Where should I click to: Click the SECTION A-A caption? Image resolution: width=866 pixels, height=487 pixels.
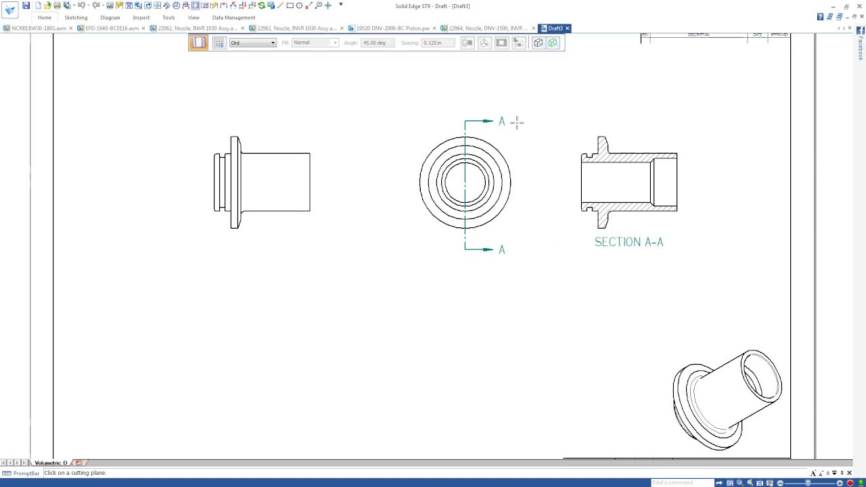click(x=629, y=242)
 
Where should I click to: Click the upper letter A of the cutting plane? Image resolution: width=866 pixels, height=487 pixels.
click(x=501, y=121)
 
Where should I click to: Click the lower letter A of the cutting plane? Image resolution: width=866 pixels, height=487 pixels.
click(x=501, y=250)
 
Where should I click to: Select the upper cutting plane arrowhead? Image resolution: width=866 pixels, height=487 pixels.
click(x=487, y=121)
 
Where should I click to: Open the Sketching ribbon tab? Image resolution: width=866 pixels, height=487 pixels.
click(x=76, y=18)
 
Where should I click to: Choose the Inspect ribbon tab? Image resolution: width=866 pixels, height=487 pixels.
click(x=141, y=18)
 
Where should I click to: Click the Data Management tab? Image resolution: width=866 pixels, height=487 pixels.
click(x=233, y=18)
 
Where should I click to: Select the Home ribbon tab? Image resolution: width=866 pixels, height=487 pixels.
click(x=44, y=18)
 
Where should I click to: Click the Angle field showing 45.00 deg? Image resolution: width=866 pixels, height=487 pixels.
click(x=377, y=43)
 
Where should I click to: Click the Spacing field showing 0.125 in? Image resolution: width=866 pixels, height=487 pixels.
click(x=438, y=43)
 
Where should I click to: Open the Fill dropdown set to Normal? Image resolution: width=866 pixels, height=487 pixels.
click(x=315, y=43)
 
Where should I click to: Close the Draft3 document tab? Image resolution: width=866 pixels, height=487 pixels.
click(x=568, y=28)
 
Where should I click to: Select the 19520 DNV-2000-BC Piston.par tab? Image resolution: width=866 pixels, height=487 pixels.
click(x=392, y=28)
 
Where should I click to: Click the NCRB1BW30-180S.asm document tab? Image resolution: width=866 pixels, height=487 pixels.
click(x=38, y=28)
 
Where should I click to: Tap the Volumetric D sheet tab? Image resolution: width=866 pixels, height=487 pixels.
click(x=51, y=463)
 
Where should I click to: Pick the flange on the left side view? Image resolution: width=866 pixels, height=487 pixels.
click(x=235, y=182)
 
